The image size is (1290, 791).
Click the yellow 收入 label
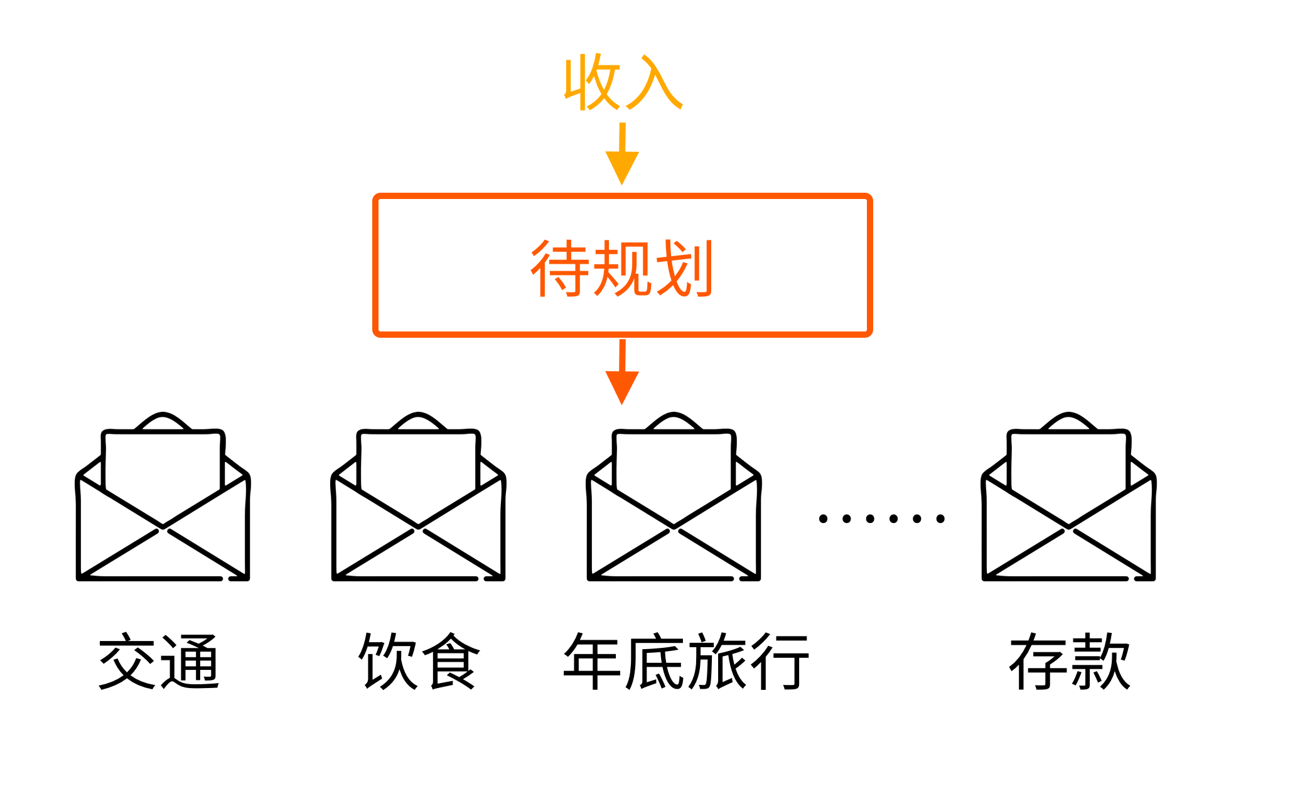coord(622,83)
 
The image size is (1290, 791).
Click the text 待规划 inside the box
coord(622,268)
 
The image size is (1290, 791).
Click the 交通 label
coord(159,662)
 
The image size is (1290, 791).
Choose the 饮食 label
coord(419,662)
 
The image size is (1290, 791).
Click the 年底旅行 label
coord(686,662)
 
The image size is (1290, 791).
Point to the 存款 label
coord(1070,662)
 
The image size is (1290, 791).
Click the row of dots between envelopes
coord(881,519)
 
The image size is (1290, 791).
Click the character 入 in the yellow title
coord(653,83)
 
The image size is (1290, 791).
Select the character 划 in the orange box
coord(684,268)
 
